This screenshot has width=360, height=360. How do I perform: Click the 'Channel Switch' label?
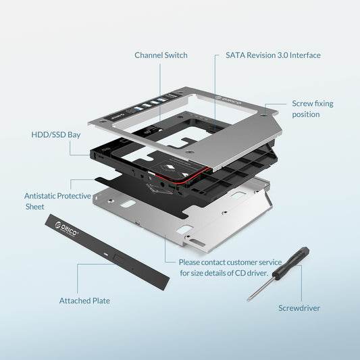[x=161, y=55]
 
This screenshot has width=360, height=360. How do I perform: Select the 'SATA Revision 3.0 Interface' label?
[x=273, y=55]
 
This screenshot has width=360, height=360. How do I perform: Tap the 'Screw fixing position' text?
[x=312, y=109]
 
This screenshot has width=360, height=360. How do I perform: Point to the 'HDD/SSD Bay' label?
[x=56, y=134]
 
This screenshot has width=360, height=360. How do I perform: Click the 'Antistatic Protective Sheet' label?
[x=57, y=201]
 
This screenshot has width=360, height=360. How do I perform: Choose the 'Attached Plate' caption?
[x=84, y=301]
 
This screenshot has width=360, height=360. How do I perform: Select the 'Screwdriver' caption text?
[x=299, y=308]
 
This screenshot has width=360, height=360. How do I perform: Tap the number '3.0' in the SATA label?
[x=284, y=55]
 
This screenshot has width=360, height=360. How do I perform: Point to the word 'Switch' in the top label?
[x=176, y=55]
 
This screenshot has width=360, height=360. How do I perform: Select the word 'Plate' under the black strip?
[x=99, y=301]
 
